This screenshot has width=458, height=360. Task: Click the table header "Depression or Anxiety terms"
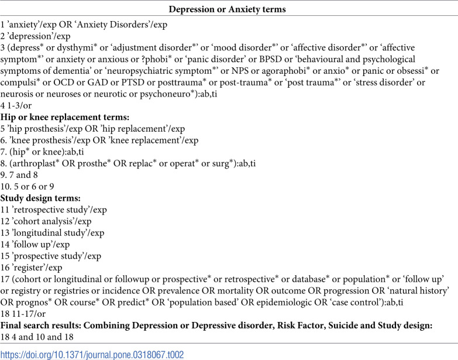click(x=229, y=9)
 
